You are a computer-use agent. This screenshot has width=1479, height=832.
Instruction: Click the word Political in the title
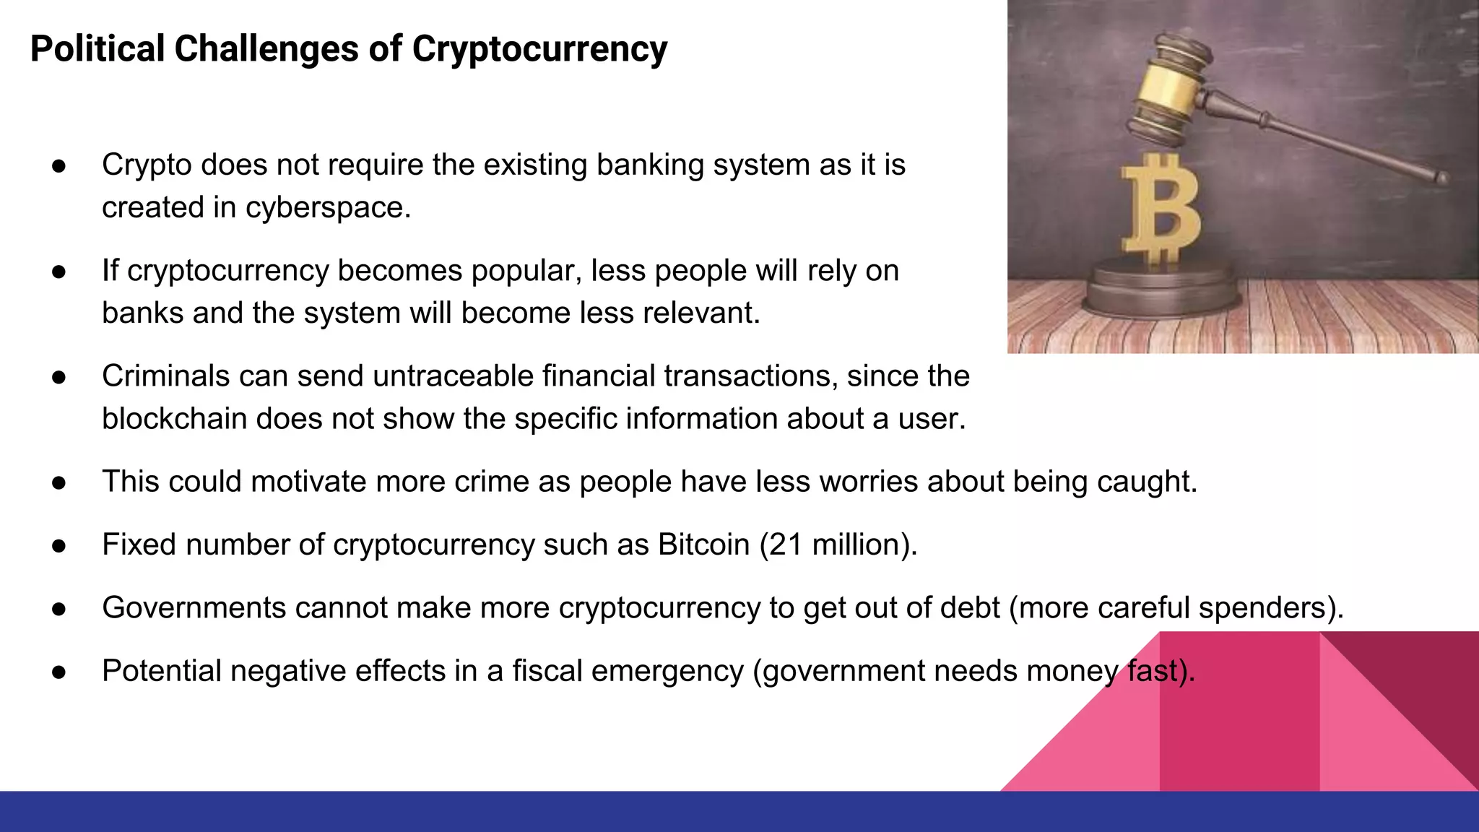(x=97, y=49)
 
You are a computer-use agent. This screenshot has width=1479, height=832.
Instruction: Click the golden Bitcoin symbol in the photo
(x=1161, y=209)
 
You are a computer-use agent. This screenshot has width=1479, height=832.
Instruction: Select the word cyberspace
(x=327, y=208)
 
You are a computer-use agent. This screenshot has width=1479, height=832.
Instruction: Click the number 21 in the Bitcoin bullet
(x=786, y=545)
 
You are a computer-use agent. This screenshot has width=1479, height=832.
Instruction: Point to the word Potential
(x=162, y=671)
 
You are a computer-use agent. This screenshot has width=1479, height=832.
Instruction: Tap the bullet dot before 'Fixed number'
(x=59, y=546)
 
